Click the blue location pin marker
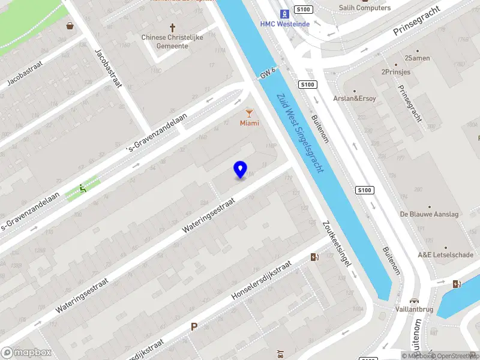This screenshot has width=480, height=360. point(240,169)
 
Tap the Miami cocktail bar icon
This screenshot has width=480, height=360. point(250,112)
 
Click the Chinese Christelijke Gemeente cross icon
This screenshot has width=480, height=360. point(173,28)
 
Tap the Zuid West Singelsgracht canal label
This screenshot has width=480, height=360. point(300,133)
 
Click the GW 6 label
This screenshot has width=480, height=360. point(268,73)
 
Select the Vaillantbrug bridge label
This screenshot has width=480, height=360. point(414,310)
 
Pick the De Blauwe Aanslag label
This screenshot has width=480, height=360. point(429,214)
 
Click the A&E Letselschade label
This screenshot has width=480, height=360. point(445,255)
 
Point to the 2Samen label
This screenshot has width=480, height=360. point(417,58)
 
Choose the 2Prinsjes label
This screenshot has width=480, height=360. point(395,72)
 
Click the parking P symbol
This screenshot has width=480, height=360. point(194,326)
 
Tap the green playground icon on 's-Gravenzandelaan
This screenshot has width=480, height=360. point(83,188)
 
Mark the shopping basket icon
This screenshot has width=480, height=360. point(71,26)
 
